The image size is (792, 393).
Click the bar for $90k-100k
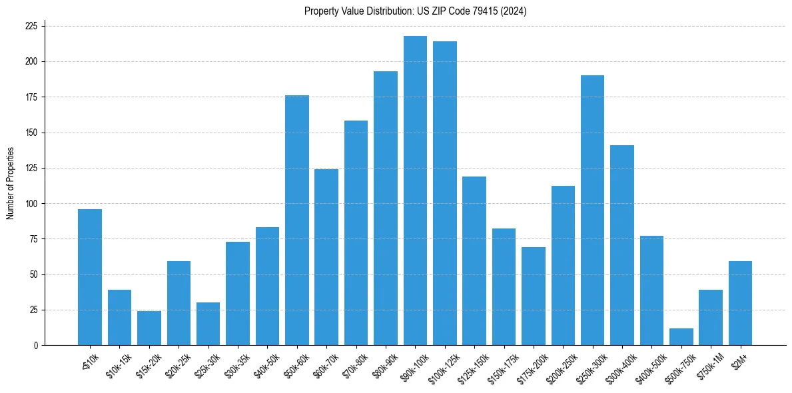(415, 191)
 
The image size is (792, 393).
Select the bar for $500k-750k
(681, 337)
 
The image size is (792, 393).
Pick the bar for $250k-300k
(592, 210)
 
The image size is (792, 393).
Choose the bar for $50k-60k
(297, 220)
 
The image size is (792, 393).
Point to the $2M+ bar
(740, 303)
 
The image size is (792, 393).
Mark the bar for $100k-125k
(445, 193)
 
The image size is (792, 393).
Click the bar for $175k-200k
(533, 296)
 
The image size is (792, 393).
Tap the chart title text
(415, 11)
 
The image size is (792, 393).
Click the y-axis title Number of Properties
(10, 183)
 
